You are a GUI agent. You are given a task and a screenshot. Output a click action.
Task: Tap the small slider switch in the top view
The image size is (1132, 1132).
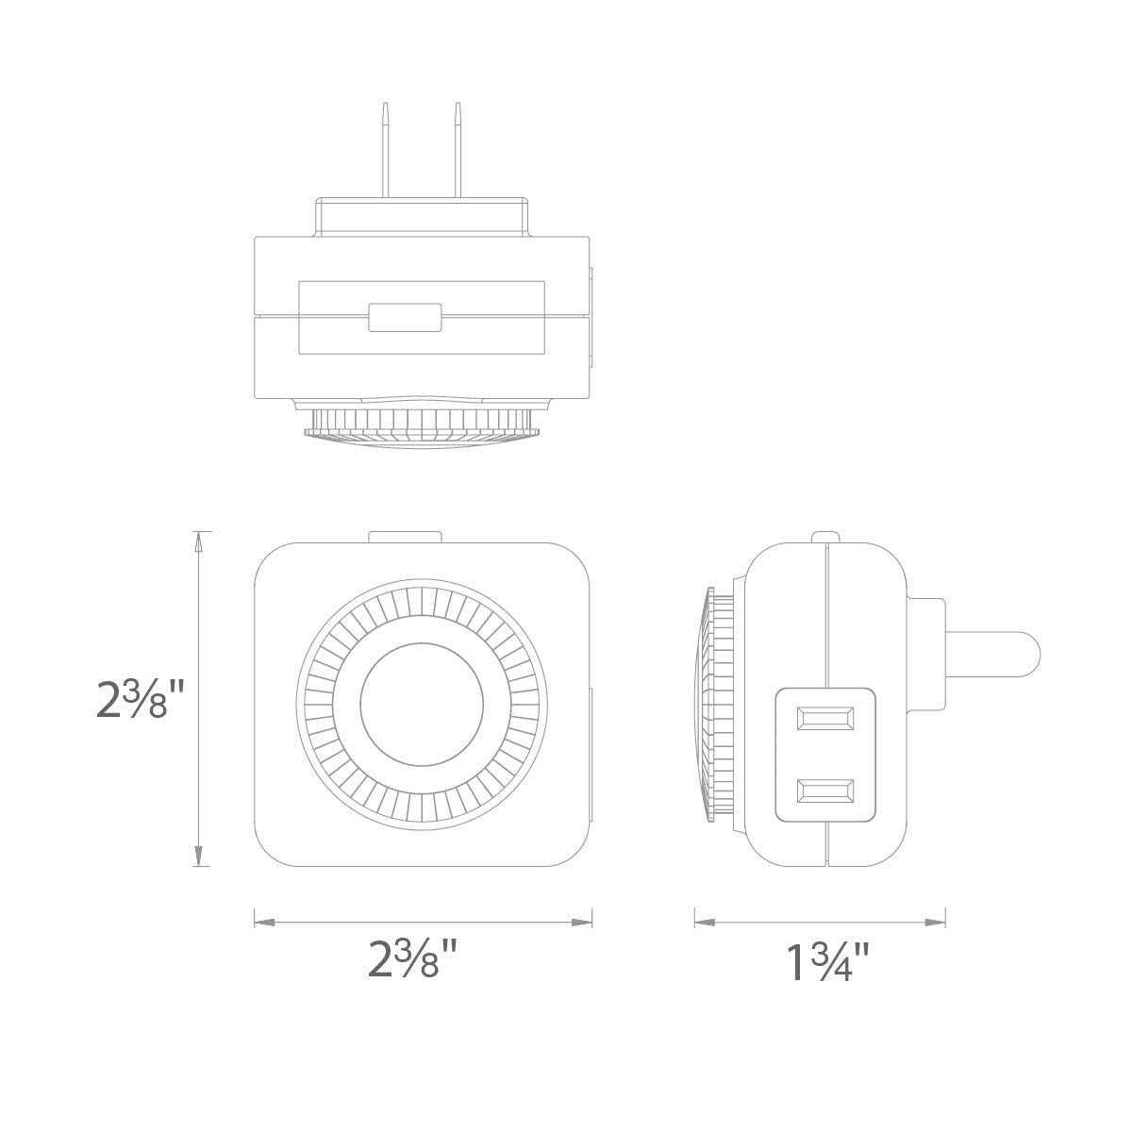tap(405, 318)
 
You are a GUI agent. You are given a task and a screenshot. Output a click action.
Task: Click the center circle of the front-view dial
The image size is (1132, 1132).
tap(422, 704)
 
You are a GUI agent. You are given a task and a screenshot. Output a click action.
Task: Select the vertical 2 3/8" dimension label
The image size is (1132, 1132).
tap(140, 700)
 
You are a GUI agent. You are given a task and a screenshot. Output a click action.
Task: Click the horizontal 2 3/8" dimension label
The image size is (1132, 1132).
tap(412, 957)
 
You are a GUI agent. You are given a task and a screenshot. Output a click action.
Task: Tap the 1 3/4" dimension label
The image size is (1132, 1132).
tap(827, 960)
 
